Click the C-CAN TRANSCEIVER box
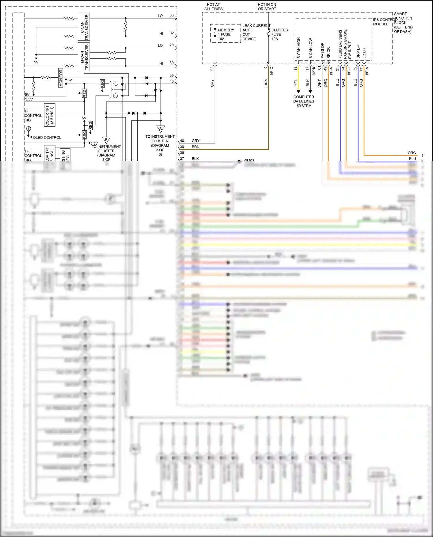pos(84,26)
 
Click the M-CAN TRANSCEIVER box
pos(84,57)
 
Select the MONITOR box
pos(61,78)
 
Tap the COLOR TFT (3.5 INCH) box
pos(50,115)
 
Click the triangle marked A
pos(160,128)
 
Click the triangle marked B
pos(106,140)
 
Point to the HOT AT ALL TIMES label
pos(213,7)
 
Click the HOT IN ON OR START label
pos(267,7)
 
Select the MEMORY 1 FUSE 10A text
pos(226,34)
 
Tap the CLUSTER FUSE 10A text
pos(279,34)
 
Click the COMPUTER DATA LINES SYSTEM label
pos(304,101)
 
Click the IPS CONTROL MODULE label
pos(384,22)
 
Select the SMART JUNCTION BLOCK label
pos(403,23)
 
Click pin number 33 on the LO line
pos(171,15)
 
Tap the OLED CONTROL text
pos(47,138)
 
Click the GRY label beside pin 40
pos(195,141)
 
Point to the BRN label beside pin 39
pos(195,147)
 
